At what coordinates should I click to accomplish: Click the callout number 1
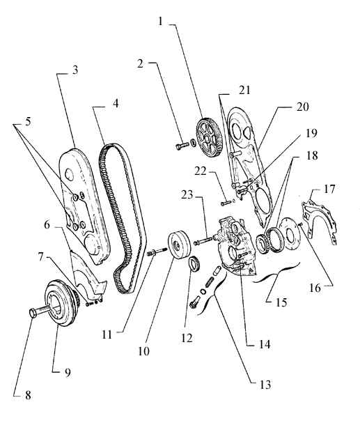coord(160,21)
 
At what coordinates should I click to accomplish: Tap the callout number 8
coord(28,395)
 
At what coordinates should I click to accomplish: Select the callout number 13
coord(265,385)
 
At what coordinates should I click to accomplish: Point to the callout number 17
coord(329,190)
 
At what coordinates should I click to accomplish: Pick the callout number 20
coord(302,107)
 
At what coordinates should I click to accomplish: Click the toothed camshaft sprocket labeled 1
coord(208,137)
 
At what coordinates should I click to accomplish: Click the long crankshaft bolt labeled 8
coord(40,312)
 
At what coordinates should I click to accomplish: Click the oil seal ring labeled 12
coord(194,264)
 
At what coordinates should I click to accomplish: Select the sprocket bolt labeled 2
coord(182,145)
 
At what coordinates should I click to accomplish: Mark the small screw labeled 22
coord(225,203)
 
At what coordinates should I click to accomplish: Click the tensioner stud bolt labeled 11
coord(157,252)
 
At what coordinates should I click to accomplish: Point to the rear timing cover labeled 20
coord(249,165)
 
